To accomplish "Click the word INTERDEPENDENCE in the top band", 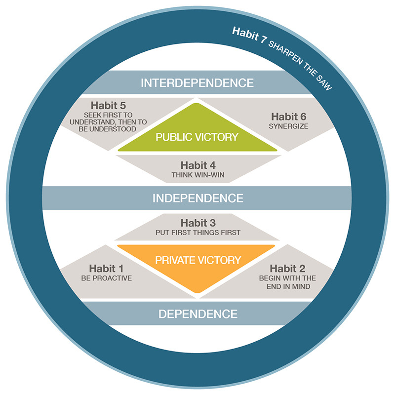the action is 197,83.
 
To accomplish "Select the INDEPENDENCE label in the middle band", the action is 198,198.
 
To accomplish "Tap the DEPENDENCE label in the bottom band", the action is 198,314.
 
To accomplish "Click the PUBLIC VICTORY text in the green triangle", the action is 197,137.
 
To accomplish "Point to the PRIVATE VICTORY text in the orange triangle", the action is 198,260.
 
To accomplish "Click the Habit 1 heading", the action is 106,269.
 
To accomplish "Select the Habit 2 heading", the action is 287,269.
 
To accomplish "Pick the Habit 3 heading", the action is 198,223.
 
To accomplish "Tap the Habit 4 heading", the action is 198,165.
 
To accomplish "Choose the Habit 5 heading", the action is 108,105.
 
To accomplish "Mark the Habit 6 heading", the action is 289,117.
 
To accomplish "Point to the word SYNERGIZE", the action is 288,126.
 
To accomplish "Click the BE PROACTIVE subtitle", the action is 107,278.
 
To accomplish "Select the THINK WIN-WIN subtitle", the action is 198,175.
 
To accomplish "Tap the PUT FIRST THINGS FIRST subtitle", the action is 198,233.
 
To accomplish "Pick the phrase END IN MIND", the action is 288,287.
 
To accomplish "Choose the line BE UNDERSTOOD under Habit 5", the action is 108,129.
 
